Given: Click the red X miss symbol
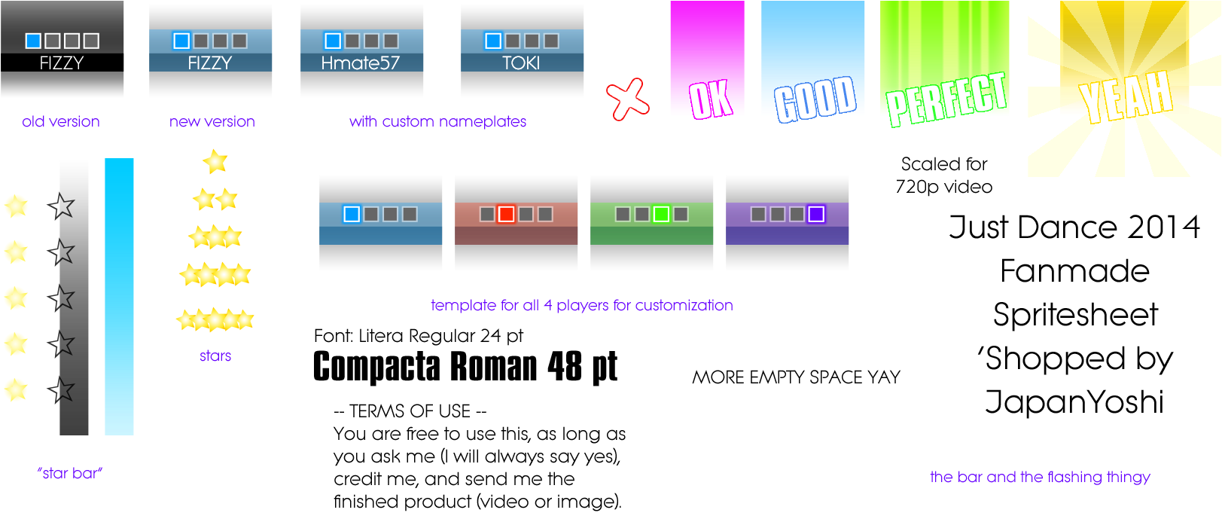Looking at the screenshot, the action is [x=627, y=99].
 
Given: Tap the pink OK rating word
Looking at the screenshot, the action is [x=710, y=100].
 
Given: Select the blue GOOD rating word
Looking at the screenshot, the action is [x=815, y=99].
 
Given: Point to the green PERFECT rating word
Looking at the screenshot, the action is [x=946, y=99].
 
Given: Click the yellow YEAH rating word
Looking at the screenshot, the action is [x=1126, y=96].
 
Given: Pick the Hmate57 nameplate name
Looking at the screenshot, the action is [x=361, y=63].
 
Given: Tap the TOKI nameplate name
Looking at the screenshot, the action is [x=522, y=63].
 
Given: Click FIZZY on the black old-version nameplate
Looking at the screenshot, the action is [x=62, y=63].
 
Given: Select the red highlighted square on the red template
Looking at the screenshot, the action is [x=506, y=214].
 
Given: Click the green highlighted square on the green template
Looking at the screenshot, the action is [x=661, y=214].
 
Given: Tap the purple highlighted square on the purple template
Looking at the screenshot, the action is [x=816, y=214].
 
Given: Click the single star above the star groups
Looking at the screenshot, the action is [x=215, y=162].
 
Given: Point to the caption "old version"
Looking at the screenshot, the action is [x=60, y=121].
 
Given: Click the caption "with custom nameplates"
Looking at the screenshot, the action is [x=437, y=121].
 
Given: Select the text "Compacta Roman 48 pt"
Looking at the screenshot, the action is [x=465, y=368].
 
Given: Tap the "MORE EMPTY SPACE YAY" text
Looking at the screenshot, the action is [x=796, y=377].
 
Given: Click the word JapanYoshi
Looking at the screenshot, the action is [x=1074, y=402].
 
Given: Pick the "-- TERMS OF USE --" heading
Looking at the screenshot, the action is [x=410, y=411].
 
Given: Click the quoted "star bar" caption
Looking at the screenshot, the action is [x=70, y=473].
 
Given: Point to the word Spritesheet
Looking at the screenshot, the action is [x=1075, y=316].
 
